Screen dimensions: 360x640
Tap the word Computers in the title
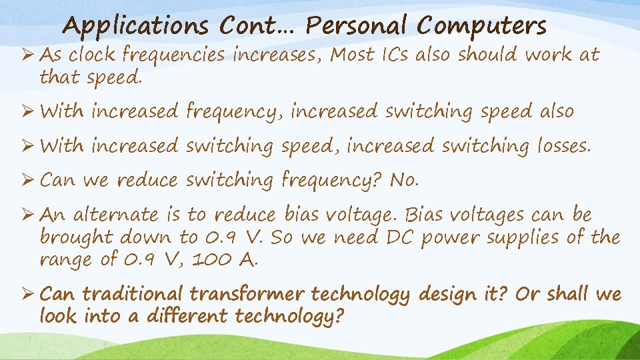[481, 27]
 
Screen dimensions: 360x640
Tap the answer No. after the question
[404, 180]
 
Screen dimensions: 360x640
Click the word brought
[75, 237]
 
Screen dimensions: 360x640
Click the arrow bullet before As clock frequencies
[29, 55]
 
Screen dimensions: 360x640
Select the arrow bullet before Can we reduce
[29, 180]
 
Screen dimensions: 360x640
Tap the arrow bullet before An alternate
[29, 215]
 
